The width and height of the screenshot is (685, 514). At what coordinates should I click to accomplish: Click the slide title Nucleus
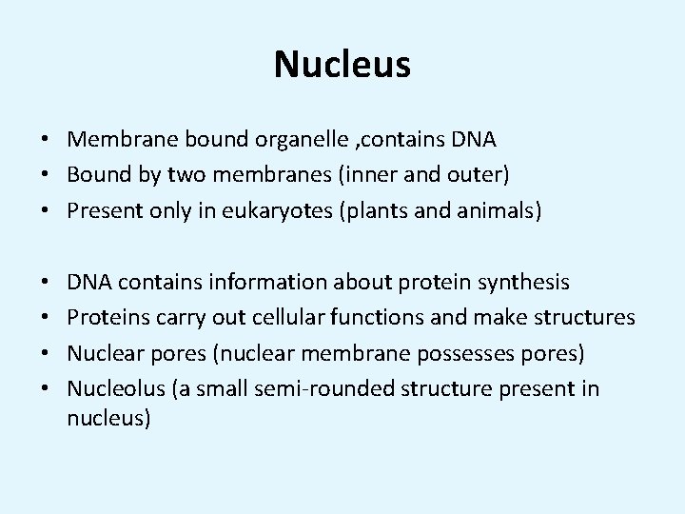pos(342,65)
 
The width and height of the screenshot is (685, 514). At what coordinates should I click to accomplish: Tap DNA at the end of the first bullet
pos(474,140)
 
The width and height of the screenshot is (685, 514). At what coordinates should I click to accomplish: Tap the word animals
pos(504,210)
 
